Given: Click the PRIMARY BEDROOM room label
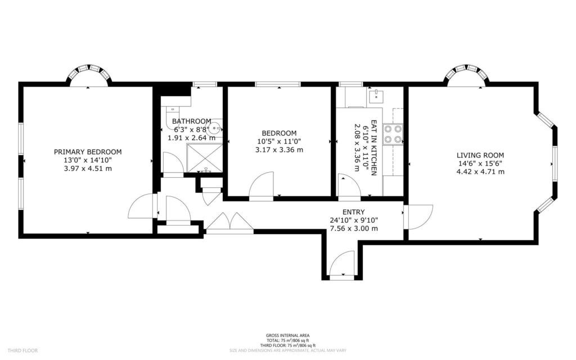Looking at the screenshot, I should [88, 152].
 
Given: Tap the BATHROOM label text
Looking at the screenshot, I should [191, 121].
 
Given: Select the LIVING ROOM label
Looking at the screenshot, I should [480, 155].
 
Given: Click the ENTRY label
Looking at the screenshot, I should [353, 212].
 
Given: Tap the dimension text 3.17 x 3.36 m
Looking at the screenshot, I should [279, 150].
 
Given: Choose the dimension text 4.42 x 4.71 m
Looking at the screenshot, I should [480, 172].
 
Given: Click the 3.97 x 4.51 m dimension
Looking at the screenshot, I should [88, 168].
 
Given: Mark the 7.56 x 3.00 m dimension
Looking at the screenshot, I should [353, 228].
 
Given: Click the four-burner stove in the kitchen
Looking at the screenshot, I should [393, 134].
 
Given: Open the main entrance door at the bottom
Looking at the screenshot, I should [342, 265].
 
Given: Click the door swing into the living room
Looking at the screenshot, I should [418, 217].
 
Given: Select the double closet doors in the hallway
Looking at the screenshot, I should [229, 223].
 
